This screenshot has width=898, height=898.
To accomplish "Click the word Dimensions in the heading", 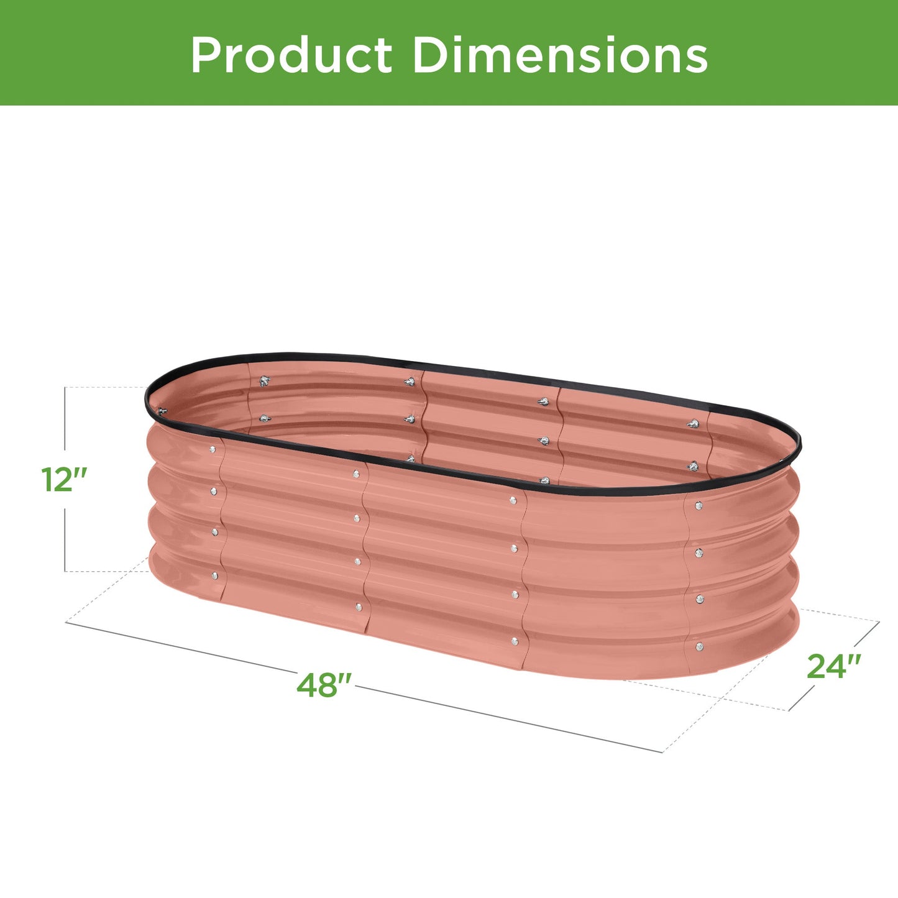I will click(x=559, y=55).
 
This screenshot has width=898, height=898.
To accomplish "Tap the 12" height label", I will click(x=64, y=480).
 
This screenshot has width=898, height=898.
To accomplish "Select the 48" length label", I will click(x=324, y=685).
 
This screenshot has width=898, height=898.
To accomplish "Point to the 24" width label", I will click(x=833, y=667).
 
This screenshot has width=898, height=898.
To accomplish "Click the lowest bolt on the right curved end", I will click(x=699, y=647).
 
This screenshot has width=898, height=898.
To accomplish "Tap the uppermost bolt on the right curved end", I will click(x=699, y=506).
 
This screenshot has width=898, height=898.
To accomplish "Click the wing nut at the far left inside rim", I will click(x=162, y=411).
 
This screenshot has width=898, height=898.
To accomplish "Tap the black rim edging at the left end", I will click(x=148, y=398).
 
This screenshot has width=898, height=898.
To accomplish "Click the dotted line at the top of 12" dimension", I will click(x=106, y=387).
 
